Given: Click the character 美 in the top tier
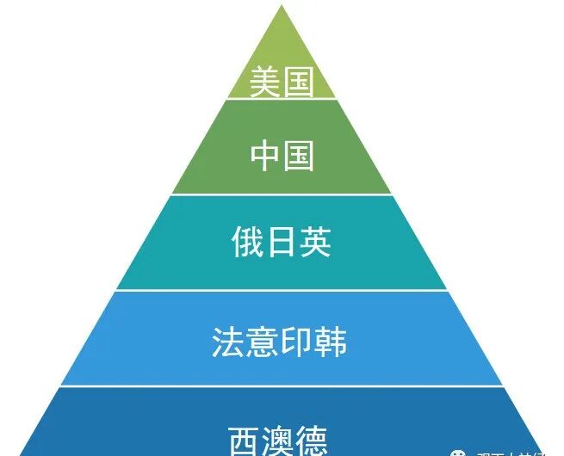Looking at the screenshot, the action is pos(264,83).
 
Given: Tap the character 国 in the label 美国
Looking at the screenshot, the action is pos(297,83).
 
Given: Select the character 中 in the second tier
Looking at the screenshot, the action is pos(265,157).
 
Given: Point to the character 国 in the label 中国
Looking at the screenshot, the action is pos(298,157).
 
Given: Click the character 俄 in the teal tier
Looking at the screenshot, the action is pos(247,243).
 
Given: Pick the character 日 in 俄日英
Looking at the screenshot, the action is pos(282,243).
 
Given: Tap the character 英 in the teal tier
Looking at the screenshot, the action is pos(315,243).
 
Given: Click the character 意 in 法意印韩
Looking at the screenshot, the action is pos(263,342).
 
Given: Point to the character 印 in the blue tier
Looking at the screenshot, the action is pos(297,342).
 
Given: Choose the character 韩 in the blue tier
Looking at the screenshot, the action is pos(332,342).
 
